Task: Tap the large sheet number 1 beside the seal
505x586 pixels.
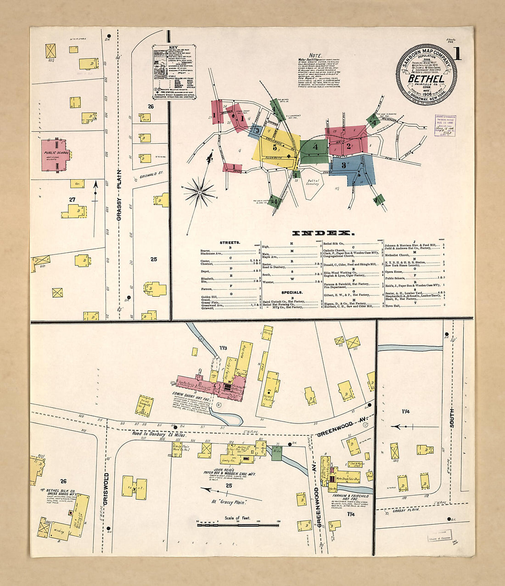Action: click(x=457, y=54)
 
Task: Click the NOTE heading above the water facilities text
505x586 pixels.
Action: click(x=315, y=56)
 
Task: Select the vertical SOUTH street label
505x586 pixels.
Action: click(x=452, y=418)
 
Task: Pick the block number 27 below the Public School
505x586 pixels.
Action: click(x=72, y=199)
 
